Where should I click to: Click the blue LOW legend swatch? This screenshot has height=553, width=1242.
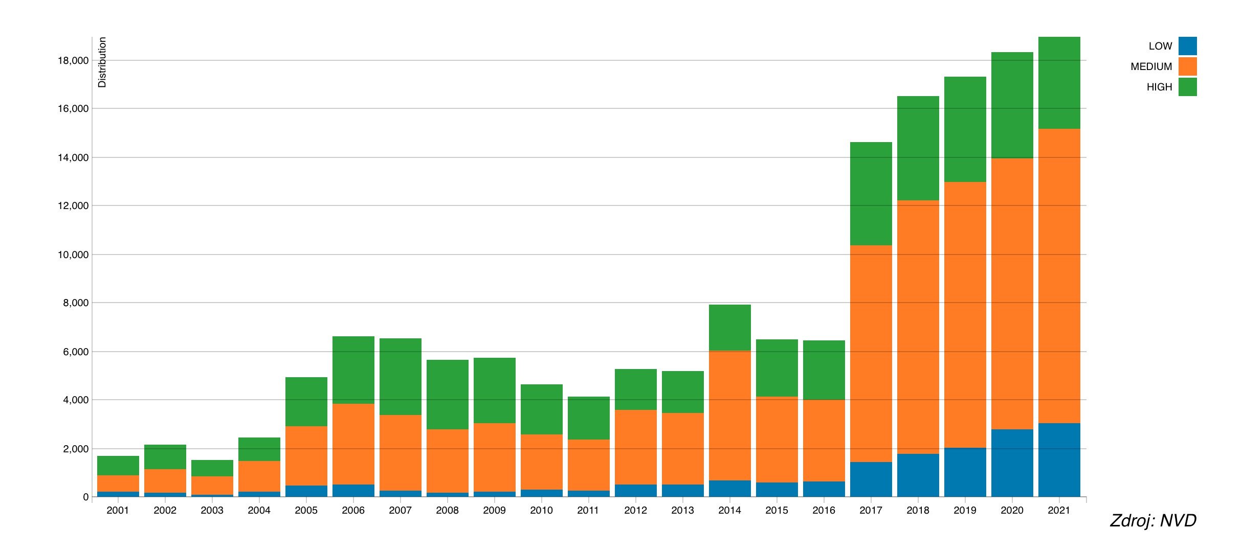click(x=1187, y=46)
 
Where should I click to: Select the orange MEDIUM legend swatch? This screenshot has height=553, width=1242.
click(x=1187, y=66)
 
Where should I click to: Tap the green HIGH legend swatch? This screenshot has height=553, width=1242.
click(x=1187, y=87)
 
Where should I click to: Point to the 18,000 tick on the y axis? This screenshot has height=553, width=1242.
click(x=73, y=61)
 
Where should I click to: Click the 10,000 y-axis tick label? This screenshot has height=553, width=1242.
click(x=73, y=255)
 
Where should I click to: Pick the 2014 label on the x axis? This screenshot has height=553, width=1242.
click(x=729, y=510)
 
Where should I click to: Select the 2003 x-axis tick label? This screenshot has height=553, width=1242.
click(x=212, y=510)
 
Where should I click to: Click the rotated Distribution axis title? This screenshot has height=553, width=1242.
click(x=102, y=62)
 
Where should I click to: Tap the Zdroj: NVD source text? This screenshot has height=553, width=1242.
click(x=1153, y=521)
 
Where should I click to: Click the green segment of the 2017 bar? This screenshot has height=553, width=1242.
click(x=871, y=194)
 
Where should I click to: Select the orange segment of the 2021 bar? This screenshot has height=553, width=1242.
click(x=1059, y=276)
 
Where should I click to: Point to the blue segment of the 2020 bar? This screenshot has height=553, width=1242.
click(x=1012, y=463)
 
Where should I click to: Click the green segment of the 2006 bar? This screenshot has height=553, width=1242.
click(x=353, y=370)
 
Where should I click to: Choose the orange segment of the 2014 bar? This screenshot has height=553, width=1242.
click(x=729, y=416)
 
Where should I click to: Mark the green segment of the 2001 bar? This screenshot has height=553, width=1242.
click(x=118, y=466)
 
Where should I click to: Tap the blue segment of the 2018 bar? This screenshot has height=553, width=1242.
click(x=918, y=475)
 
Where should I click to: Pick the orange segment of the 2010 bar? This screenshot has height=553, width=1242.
click(x=541, y=462)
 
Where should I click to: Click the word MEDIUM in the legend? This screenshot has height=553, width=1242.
click(x=1151, y=66)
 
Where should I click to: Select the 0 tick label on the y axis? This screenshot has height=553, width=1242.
click(x=85, y=497)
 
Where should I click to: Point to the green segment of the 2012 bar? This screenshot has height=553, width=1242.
click(x=635, y=389)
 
